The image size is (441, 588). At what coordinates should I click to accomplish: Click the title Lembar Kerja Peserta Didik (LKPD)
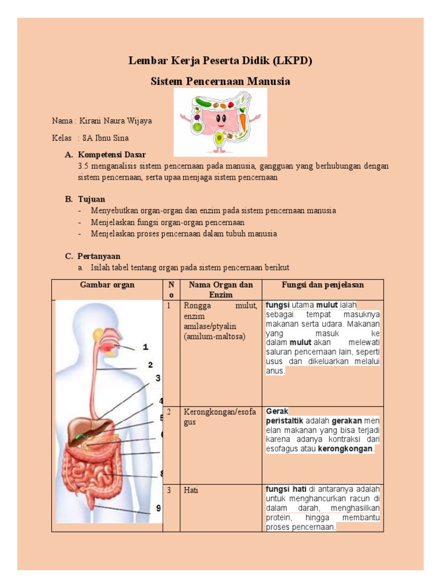click(x=220, y=61)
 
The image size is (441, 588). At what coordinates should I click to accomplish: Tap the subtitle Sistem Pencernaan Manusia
click(x=220, y=82)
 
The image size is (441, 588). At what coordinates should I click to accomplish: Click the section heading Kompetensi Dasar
click(x=112, y=154)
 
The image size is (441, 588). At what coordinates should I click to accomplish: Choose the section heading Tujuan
click(x=92, y=199)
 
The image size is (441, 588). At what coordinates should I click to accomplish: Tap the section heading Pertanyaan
click(x=99, y=256)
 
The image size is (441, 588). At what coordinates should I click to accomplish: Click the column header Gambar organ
click(x=107, y=285)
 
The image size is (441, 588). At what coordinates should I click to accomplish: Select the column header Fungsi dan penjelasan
click(x=323, y=285)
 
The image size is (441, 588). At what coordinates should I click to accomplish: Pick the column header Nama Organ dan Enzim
click(x=221, y=289)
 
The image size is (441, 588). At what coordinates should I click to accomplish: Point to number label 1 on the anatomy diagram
click(x=146, y=347)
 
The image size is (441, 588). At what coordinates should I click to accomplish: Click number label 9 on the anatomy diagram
click(x=158, y=508)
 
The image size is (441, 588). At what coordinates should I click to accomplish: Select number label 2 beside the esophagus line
click(x=150, y=365)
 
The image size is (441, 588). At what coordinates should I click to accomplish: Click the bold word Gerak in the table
click(x=277, y=411)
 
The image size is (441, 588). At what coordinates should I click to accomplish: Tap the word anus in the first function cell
click(x=274, y=371)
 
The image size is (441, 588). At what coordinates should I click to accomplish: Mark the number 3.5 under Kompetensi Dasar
click(x=84, y=166)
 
